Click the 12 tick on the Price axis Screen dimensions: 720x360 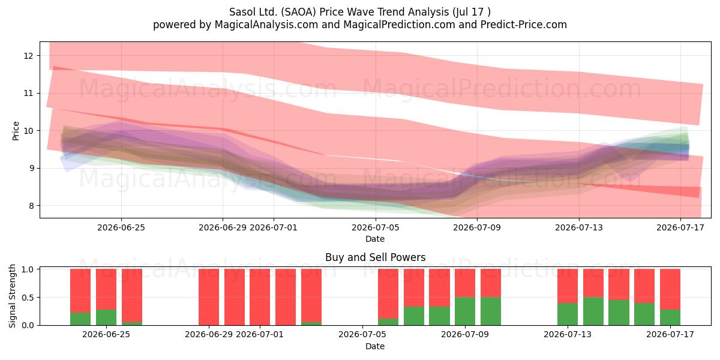(28, 56)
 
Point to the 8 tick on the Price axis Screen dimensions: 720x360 (31, 206)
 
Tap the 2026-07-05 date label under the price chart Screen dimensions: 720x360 (376, 227)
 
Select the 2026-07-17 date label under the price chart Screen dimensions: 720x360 (680, 227)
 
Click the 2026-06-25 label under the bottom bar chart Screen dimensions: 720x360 (106, 334)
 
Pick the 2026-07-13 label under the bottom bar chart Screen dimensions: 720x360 (568, 334)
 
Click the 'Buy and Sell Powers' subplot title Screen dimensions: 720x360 (376, 257)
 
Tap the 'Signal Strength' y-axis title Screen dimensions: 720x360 (12, 296)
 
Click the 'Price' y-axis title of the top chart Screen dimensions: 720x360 (16, 131)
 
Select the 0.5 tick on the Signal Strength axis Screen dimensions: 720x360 (28, 298)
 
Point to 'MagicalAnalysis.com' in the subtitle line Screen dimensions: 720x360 (266, 25)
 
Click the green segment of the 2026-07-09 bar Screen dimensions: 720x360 (465, 311)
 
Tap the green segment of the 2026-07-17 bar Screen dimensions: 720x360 (670, 317)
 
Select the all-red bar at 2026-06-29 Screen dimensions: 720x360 (209, 297)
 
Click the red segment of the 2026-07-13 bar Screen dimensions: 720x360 (568, 286)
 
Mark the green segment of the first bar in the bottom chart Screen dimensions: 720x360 (80, 319)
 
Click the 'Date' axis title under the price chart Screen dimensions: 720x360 (375, 239)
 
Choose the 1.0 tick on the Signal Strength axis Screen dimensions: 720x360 (28, 269)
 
